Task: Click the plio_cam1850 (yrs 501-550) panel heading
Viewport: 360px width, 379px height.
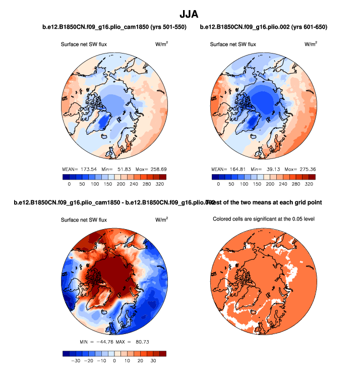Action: (114, 27)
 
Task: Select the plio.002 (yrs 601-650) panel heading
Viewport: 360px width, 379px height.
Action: (264, 27)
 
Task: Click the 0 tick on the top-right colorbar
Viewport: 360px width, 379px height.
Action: (218, 185)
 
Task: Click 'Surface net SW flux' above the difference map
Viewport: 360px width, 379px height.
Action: (84, 220)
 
